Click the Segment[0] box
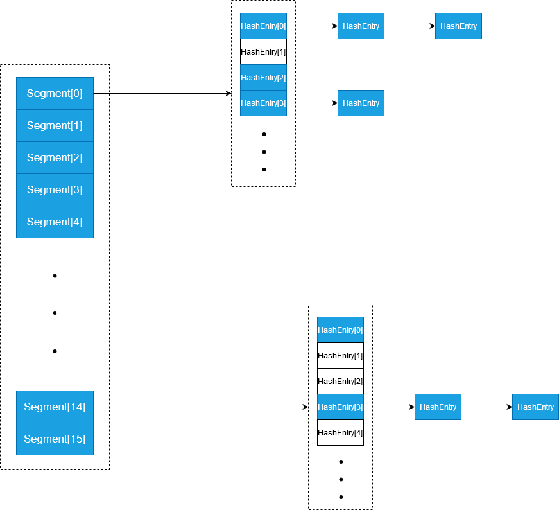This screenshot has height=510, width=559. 55,93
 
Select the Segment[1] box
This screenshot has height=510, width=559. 55,125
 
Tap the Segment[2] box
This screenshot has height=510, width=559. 55,157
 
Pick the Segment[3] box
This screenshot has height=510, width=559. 55,189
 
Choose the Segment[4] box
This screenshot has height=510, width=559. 55,222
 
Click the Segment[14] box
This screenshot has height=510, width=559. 55,407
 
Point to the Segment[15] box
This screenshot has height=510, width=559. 55,439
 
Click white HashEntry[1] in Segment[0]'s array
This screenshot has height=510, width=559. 263,51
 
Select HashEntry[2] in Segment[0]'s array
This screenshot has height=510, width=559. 263,77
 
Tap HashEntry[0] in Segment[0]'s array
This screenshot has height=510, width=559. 263,26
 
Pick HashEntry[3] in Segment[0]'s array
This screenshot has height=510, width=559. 263,103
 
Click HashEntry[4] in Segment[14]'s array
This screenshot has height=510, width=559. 340,432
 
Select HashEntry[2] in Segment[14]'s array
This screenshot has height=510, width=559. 340,381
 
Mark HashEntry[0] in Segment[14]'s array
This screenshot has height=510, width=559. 340,330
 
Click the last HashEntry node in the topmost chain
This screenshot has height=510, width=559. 458,26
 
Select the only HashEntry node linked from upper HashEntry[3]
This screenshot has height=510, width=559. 361,103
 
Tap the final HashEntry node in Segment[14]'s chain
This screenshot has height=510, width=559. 535,407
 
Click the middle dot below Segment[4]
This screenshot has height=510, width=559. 55,313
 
